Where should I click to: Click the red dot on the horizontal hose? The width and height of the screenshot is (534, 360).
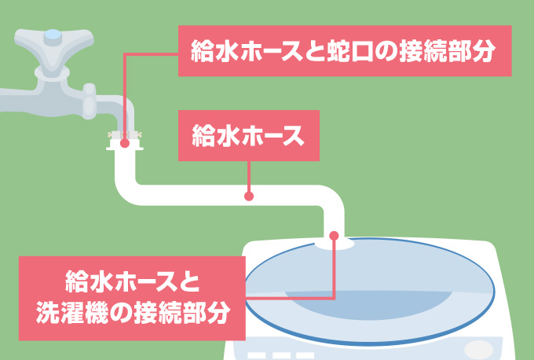[249, 196]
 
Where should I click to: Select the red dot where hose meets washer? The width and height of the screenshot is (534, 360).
[335, 235]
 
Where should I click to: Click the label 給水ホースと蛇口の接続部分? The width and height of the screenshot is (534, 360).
[345, 52]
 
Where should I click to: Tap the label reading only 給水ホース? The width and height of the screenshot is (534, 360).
[249, 135]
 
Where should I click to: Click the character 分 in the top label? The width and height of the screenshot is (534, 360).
[486, 52]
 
